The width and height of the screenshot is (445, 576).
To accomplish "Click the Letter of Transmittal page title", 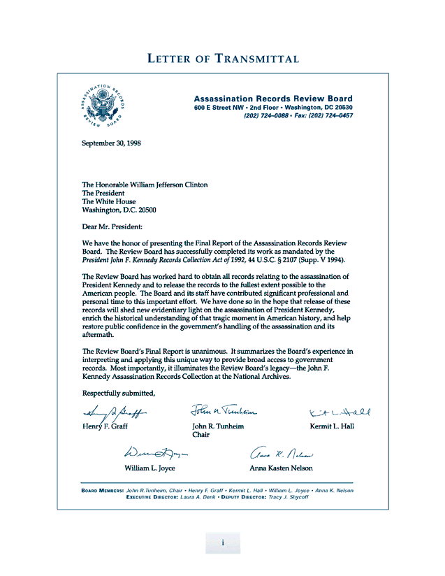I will pos(223,59).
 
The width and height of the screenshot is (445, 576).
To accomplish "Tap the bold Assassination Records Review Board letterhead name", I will pos(273,99).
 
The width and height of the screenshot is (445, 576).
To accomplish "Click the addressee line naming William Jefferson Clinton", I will pos(145,185).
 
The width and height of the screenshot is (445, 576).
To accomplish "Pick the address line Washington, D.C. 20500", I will pos(119,210).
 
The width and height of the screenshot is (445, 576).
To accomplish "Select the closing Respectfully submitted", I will pos(118,392).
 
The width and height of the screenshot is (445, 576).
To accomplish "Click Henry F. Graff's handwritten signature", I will pos(114,413).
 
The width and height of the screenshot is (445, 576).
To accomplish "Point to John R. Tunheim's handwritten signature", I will pos(224,411).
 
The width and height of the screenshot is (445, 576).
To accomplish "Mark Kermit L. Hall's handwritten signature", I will pos(340,412).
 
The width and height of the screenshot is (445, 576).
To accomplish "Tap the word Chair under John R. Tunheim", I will pos(201,435).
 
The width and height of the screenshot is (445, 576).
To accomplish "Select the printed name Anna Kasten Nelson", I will pos(281,468).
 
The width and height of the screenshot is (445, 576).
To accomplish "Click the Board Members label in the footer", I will pos(103,490).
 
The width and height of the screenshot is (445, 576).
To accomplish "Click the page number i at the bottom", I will pos(222,542).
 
